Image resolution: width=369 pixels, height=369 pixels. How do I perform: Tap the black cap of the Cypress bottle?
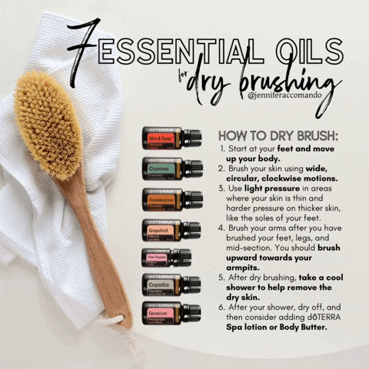193,168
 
